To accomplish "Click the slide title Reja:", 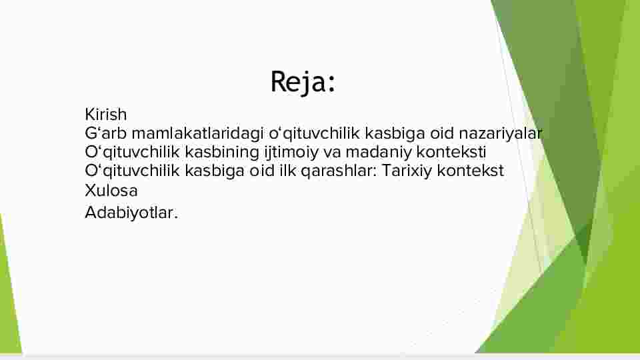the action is point(303,83).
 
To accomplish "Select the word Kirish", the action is point(106,114).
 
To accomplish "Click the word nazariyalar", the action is point(501,133).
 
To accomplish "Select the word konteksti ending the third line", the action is point(451,152).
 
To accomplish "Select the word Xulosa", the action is point(111,191).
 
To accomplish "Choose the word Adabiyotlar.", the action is point(131,213).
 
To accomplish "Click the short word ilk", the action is point(287,171).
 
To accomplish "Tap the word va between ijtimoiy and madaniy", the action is point(332,152).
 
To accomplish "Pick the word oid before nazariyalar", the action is point(442,133).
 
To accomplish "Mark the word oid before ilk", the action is point(262,171).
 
